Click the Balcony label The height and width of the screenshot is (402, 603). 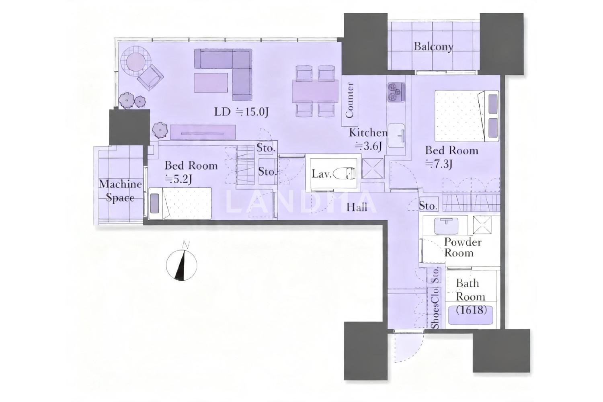pyautogui.click(x=433, y=47)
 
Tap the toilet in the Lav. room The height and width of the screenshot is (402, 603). pyautogui.click(x=344, y=174)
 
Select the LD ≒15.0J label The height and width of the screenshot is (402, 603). pyautogui.click(x=241, y=112)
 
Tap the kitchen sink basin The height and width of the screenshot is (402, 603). pyautogui.click(x=396, y=135)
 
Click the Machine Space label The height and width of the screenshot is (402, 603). pyautogui.click(x=120, y=191)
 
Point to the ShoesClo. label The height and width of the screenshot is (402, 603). pyautogui.click(x=435, y=308)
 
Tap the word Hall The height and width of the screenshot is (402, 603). pyautogui.click(x=357, y=207)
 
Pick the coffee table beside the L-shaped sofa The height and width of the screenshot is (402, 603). pyautogui.click(x=211, y=83)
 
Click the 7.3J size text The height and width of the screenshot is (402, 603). pyautogui.click(x=439, y=164)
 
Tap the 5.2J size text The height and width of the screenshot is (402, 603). pyautogui.click(x=178, y=179)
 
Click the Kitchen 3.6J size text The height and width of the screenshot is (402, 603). pyautogui.click(x=368, y=146)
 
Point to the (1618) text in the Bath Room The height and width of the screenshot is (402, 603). pyautogui.click(x=472, y=310)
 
